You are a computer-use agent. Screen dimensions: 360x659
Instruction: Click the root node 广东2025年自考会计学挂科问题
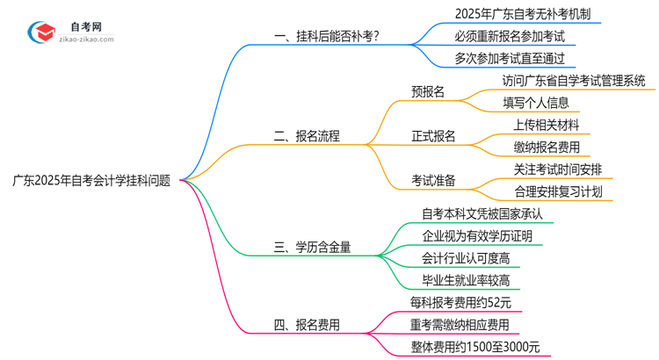[91, 181]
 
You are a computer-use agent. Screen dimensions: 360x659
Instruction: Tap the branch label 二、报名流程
[307, 136]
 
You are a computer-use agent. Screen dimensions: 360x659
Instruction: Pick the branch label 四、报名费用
[307, 325]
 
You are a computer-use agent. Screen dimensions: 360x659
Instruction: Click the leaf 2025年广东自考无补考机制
[515, 14]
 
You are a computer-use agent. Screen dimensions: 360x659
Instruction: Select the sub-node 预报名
[428, 90]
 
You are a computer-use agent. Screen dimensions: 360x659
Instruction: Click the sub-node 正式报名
[434, 136]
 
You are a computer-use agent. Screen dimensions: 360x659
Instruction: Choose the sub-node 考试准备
[434, 181]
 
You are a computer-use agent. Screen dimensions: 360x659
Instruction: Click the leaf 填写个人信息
[535, 102]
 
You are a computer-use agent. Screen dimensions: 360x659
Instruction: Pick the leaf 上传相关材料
[547, 125]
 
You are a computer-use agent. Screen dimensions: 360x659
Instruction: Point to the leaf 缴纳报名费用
[547, 147]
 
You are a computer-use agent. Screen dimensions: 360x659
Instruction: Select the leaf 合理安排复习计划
[558, 191]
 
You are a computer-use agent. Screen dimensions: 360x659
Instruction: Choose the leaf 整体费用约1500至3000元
[475, 348]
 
